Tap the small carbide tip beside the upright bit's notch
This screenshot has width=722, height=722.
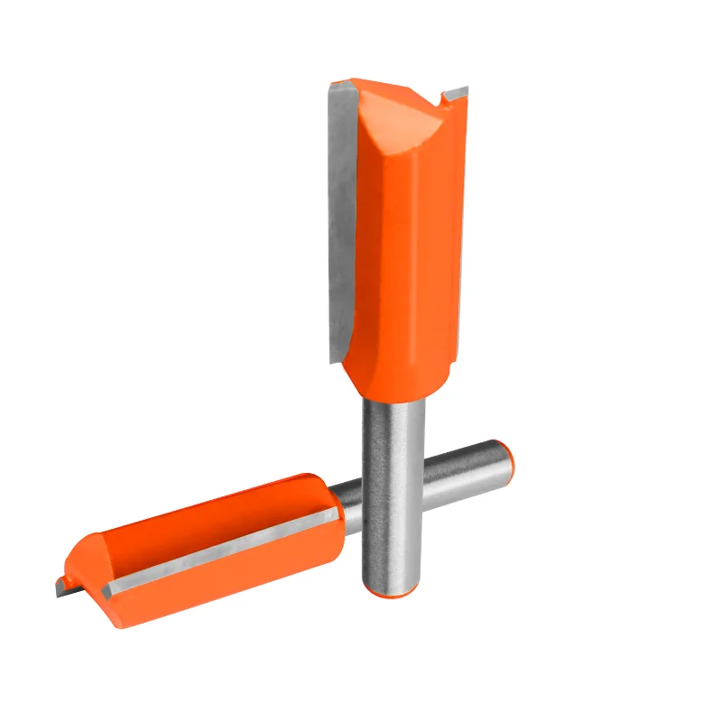pos(456,90)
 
